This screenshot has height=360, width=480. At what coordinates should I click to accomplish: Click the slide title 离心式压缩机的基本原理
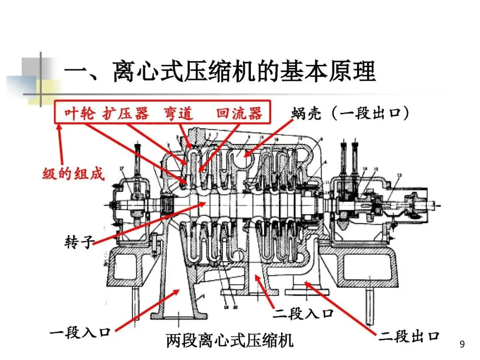point(220,71)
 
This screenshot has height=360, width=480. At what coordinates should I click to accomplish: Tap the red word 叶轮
point(80,114)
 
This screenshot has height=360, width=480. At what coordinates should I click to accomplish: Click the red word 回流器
point(239,114)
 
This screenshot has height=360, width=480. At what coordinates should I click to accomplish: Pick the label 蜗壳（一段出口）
point(350,114)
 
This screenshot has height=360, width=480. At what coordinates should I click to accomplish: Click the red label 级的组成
point(73,174)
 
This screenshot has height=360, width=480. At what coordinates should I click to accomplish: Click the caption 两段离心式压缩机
point(230,341)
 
